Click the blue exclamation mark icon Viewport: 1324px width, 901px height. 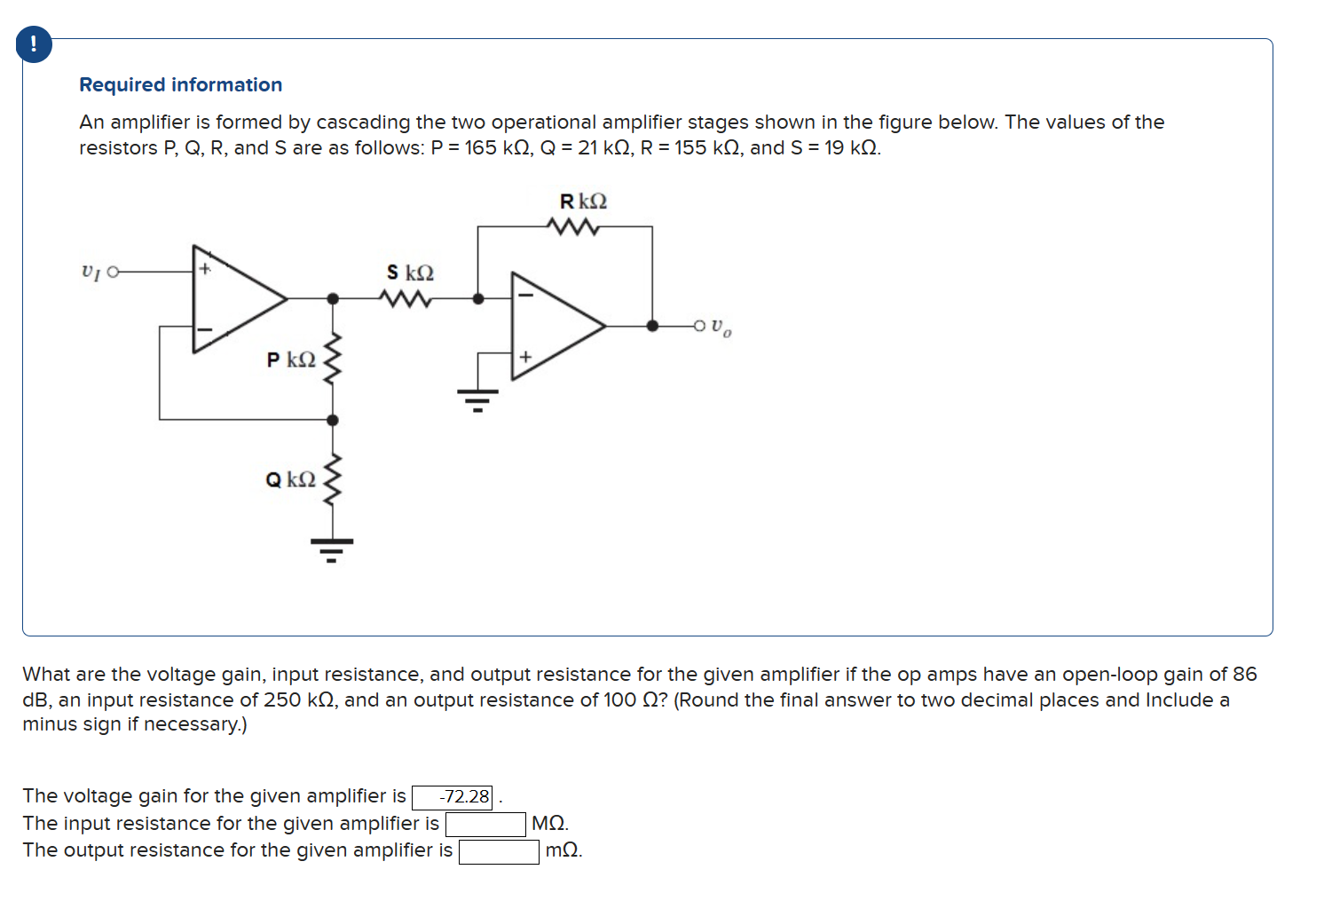coord(34,44)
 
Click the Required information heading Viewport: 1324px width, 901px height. coord(180,84)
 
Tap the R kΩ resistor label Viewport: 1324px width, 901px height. coord(582,202)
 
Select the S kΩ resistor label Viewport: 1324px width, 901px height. coord(410,273)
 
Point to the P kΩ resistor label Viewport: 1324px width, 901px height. coord(291,360)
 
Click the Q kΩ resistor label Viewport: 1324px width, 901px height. coord(290,479)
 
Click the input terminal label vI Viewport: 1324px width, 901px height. coord(90,272)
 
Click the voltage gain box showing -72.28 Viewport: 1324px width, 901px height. coord(453,797)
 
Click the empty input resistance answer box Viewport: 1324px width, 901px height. coord(485,824)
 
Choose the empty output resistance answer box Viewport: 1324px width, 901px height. coord(499,851)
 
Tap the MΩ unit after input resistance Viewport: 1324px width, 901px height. coord(549,824)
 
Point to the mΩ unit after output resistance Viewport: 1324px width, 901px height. coord(563,850)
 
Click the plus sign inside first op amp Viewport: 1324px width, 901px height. coord(205,268)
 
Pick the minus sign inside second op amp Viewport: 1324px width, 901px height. coord(524,295)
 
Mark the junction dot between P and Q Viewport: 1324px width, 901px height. coord(333,420)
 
